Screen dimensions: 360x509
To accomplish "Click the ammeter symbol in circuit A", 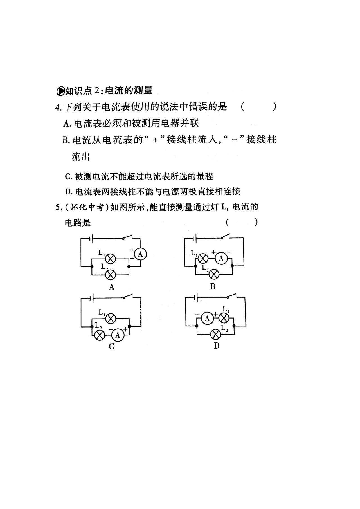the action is coord(140,254).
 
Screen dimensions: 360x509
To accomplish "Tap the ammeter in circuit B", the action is coord(221,258).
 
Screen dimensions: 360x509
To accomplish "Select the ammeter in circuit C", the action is coord(118,335).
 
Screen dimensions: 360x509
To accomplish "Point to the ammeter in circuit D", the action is coord(207,319).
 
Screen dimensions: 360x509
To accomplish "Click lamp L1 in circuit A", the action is coord(111,259).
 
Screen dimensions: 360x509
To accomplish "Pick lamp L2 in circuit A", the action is coord(111,274).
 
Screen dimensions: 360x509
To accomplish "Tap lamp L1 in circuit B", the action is coord(203,258).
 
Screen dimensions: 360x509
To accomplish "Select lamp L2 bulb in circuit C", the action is coord(99,335).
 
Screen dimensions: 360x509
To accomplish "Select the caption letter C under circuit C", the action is coord(111,347).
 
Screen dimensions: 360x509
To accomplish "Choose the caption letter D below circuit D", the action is coord(216,346).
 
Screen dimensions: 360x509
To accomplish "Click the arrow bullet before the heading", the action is coord(60,91).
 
